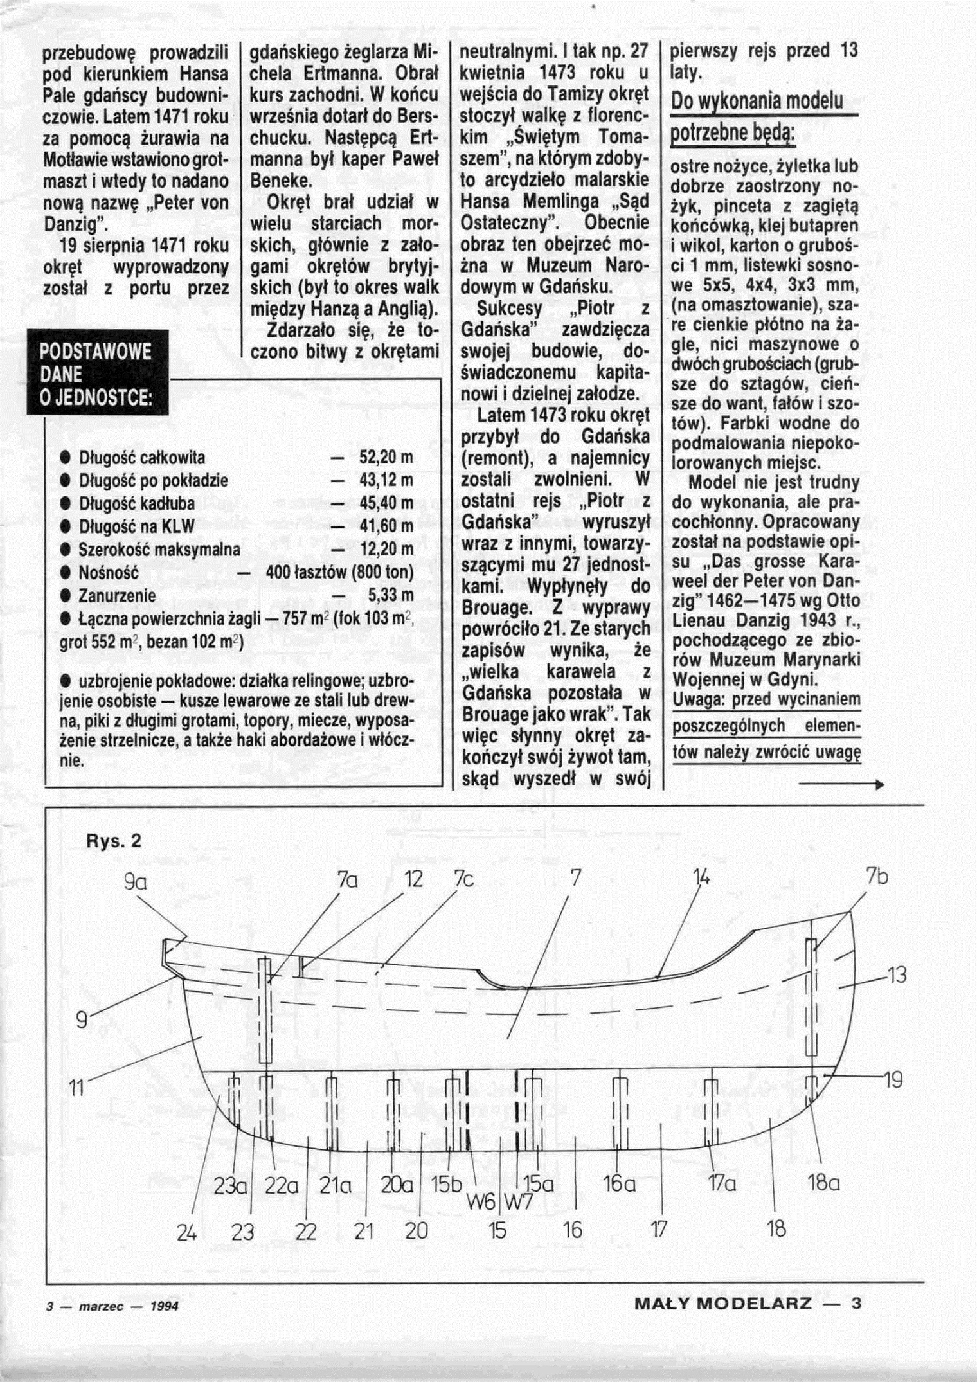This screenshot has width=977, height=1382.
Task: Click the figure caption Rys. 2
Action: pos(113,841)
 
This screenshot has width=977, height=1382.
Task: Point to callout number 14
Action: pos(701,878)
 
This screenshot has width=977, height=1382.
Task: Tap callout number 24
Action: pos(186,1232)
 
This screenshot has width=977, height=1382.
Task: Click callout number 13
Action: pos(896,975)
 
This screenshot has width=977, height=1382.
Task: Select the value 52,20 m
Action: pos(386,457)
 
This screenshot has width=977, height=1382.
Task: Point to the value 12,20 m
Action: pos(386,549)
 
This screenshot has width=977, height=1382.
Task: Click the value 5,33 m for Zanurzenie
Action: pos(390,595)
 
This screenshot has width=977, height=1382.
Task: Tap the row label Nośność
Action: pos(109,572)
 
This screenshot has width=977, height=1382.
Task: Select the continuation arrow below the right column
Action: pos(841,785)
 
